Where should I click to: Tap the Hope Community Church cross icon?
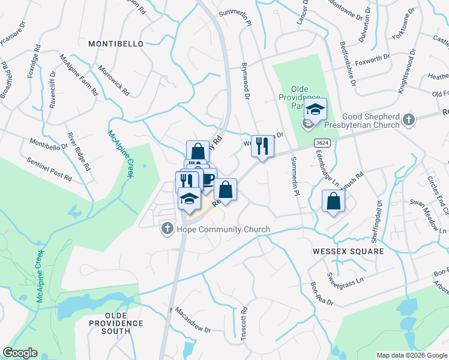pos(167,229)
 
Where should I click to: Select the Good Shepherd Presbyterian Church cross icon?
pos(409,119)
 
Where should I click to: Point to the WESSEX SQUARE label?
pos(348,251)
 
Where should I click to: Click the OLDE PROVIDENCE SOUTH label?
pos(124,319)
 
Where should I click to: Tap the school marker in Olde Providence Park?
pos(315,110)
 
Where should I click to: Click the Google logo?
pos(20,353)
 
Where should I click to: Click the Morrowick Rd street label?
pos(113,81)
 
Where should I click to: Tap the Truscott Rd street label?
pos(244,324)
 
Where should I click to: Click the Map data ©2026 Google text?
pos(411,355)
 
